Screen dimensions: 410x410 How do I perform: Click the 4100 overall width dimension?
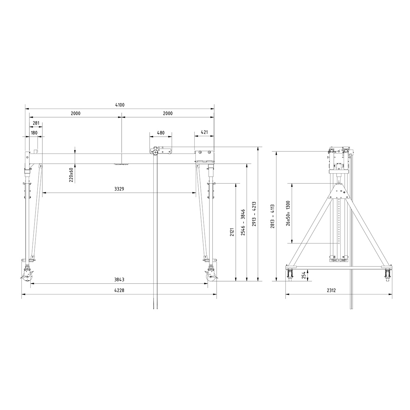(x=119, y=105)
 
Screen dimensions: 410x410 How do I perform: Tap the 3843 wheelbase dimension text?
(x=119, y=279)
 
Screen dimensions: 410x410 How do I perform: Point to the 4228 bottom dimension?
(x=119, y=290)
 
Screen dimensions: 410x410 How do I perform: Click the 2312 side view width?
(x=331, y=290)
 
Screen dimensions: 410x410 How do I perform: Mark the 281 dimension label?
(x=36, y=123)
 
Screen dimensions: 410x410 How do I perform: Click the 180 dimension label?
(x=34, y=133)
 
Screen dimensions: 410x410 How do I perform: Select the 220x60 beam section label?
(x=71, y=175)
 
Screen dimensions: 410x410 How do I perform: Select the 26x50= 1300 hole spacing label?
(x=288, y=213)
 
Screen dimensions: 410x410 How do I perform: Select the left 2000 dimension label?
(x=76, y=113)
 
